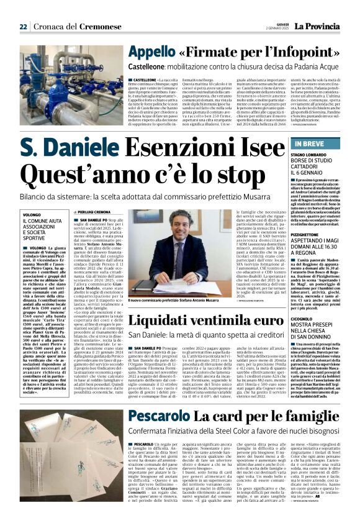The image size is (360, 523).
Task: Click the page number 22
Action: point(23,27)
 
